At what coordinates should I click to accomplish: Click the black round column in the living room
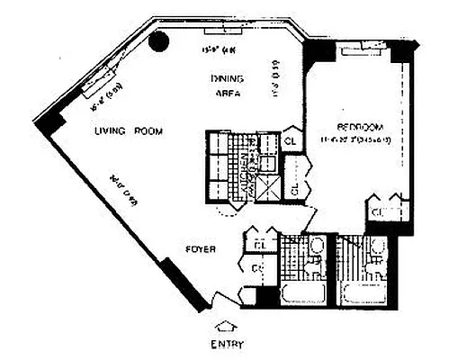point(158,40)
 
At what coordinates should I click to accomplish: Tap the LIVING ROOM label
point(130,131)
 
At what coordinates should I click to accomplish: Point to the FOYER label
point(199,249)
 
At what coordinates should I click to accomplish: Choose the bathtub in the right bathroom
point(367,295)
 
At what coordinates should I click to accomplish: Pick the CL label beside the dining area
point(292,140)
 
